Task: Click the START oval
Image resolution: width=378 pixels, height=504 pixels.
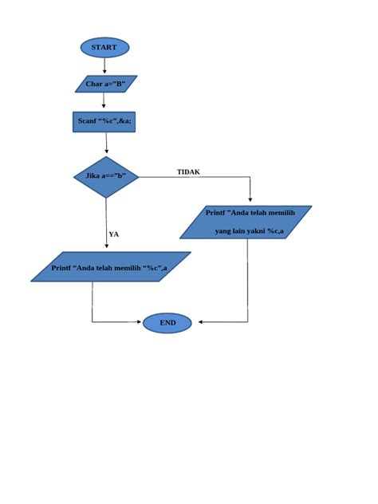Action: click(x=104, y=48)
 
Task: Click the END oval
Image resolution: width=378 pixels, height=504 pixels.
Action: click(x=167, y=323)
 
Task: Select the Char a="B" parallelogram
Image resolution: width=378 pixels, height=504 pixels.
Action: click(x=105, y=84)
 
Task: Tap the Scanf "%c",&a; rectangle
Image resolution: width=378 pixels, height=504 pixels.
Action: click(x=104, y=121)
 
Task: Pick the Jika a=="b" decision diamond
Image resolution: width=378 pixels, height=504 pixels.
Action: click(x=106, y=177)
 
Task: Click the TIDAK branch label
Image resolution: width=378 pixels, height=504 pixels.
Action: click(x=188, y=172)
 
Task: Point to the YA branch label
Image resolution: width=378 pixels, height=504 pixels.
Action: click(x=114, y=234)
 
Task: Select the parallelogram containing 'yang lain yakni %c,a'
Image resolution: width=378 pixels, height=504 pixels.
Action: click(x=246, y=222)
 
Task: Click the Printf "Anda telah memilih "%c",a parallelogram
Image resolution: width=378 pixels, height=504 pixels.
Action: click(x=111, y=267)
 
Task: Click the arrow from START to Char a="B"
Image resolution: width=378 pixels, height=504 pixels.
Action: click(x=104, y=67)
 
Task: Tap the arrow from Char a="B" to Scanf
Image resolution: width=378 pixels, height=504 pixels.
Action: click(x=104, y=101)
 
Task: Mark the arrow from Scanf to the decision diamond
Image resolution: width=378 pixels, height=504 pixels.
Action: click(x=106, y=144)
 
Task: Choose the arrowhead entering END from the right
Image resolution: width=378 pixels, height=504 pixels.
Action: click(x=201, y=322)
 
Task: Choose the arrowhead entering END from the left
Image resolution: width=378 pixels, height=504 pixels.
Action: click(x=139, y=322)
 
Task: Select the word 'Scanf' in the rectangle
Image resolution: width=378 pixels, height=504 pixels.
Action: click(x=87, y=121)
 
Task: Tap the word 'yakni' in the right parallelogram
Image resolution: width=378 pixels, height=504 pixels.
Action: click(x=256, y=231)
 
